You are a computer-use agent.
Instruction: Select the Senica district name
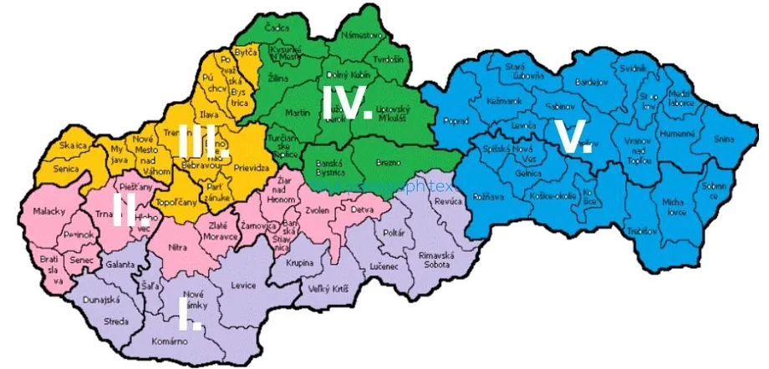click(66, 169)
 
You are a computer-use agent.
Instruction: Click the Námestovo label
click(363, 35)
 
